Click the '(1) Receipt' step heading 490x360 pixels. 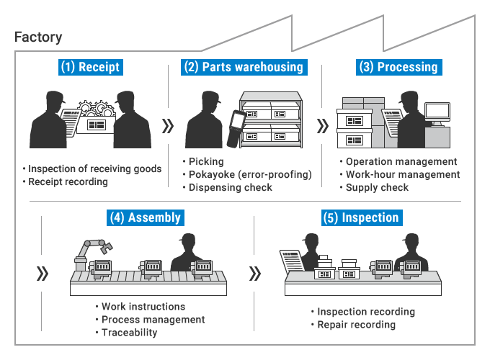tap(91, 67)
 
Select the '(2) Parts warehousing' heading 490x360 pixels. tap(243, 67)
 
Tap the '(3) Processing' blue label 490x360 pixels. tap(398, 67)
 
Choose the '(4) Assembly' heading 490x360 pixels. tap(144, 217)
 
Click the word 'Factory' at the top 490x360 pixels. tap(38, 37)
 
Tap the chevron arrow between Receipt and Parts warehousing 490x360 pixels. tap(168, 127)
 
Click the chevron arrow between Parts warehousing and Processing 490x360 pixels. tap(322, 127)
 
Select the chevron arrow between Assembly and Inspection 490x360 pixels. tap(255, 274)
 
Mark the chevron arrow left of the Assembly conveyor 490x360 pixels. tap(43, 274)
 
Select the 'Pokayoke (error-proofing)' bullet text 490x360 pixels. tap(249, 174)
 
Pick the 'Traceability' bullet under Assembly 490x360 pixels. tap(129, 332)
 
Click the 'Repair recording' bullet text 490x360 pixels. tap(357, 325)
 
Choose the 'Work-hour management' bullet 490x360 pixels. tap(402, 174)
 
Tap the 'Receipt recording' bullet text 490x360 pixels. tap(68, 181)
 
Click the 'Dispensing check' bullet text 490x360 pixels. tap(231, 187)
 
